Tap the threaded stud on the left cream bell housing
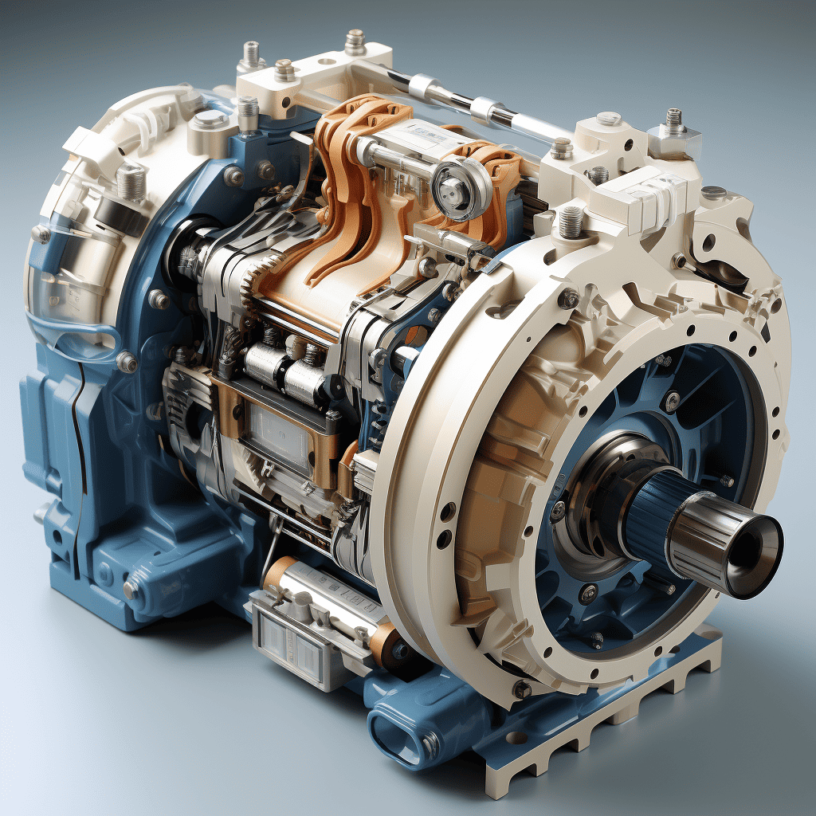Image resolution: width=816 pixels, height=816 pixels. (x=131, y=183)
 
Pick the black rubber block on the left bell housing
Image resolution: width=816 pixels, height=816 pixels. (x=120, y=214)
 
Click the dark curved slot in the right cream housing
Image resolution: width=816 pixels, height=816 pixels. (x=721, y=271)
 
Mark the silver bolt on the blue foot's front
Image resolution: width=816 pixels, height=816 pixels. (x=132, y=589)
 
